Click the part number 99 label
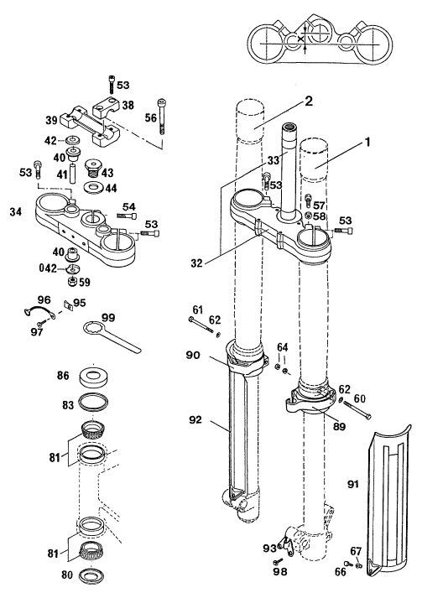coord(107,317)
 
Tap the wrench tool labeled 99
coord(112,336)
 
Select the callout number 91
coord(353,484)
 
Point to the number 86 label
coord(63,376)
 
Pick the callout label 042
coord(48,268)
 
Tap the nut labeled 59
coord(70,281)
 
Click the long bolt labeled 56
coord(162,117)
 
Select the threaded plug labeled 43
coord(92,168)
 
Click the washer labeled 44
coord(93,187)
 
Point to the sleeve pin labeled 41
coord(73,174)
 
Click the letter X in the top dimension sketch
coord(300,39)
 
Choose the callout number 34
coord(15,211)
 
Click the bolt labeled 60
coord(357,409)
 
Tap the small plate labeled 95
coord(69,305)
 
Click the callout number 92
coord(195,419)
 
